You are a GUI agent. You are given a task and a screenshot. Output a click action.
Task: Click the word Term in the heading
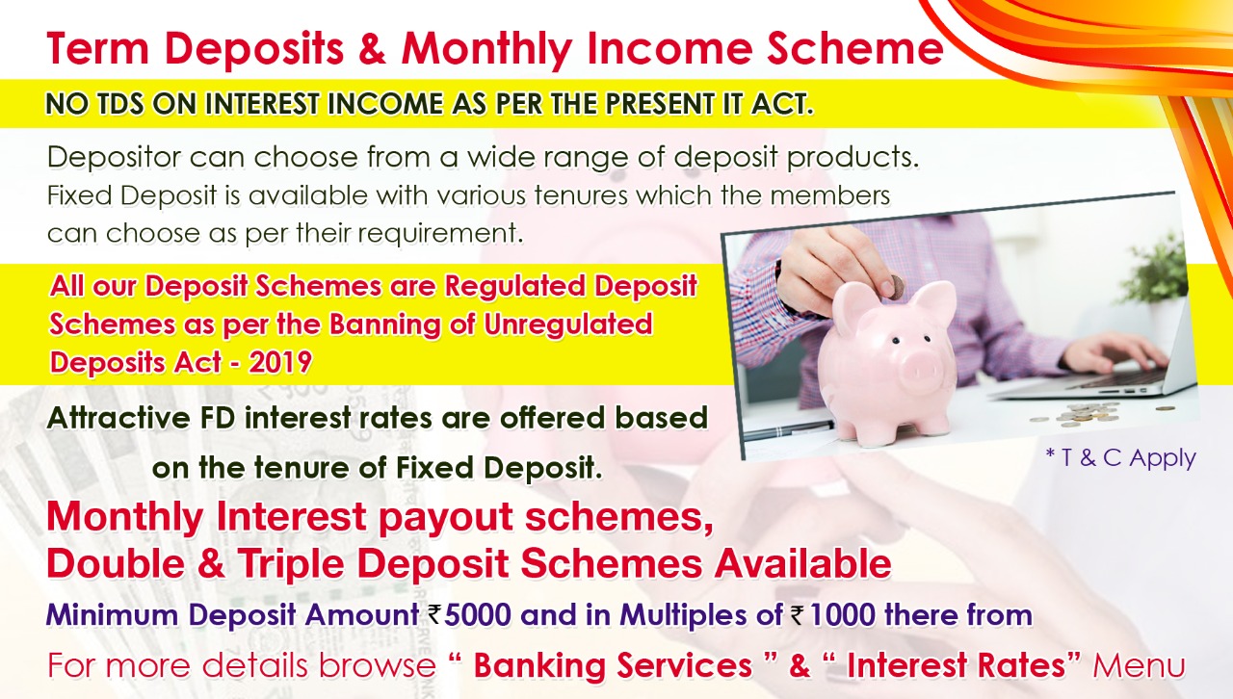[98, 49]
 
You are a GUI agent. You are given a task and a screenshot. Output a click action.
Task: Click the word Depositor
[114, 158]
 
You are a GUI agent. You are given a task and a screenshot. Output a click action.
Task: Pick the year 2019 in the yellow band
[280, 363]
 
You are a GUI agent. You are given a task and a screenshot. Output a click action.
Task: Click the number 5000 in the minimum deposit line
[478, 615]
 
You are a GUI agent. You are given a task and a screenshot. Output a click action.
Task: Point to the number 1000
[842, 615]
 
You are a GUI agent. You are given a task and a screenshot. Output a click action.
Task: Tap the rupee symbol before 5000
[434, 614]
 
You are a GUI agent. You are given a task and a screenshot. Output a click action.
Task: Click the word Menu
[1139, 665]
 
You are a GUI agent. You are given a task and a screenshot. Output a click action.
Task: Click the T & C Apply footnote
[1121, 458]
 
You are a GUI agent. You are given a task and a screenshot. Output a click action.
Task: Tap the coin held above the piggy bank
[895, 287]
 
